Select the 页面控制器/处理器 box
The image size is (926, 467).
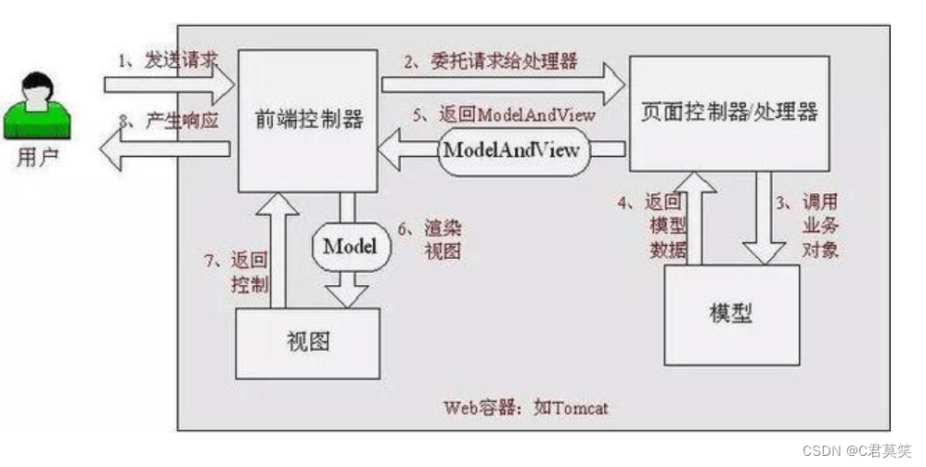point(730,112)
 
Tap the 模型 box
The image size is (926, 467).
point(730,313)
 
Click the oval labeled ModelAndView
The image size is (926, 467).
point(512,149)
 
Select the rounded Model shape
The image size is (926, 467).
point(349,246)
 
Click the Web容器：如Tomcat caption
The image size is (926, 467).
point(525,407)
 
